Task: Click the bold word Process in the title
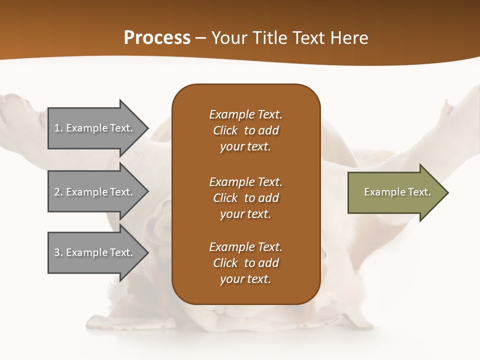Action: [x=157, y=38]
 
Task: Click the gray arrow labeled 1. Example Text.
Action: [x=95, y=128]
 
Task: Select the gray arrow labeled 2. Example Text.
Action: [x=95, y=192]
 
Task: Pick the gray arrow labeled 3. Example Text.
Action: [x=95, y=252]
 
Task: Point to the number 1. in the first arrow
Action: [x=58, y=128]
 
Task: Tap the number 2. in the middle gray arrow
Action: [x=58, y=192]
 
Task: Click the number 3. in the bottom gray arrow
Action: [x=58, y=252]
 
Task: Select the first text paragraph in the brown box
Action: [x=245, y=130]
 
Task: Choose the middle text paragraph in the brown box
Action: [x=245, y=198]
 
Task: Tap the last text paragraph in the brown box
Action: [x=245, y=263]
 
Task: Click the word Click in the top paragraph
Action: [x=225, y=130]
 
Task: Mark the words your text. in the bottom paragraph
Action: [x=245, y=279]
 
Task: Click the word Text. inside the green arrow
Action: [x=418, y=192]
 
